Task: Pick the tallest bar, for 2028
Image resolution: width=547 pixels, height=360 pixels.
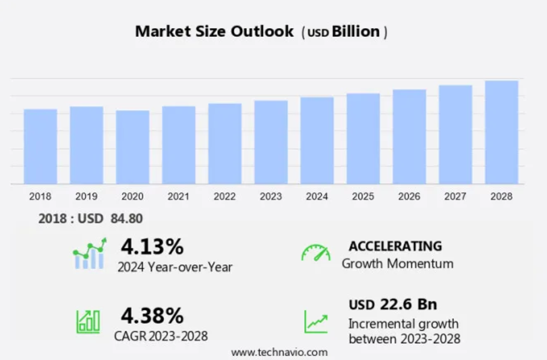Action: point(501,132)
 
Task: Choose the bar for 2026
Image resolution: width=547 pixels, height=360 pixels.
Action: point(409,137)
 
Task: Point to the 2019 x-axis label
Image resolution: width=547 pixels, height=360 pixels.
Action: point(87,197)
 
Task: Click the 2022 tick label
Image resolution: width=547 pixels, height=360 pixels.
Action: point(225,197)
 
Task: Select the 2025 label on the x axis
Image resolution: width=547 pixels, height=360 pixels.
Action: point(363,197)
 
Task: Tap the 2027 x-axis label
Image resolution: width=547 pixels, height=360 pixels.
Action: point(456,197)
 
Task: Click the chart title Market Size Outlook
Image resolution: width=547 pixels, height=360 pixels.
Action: point(214,31)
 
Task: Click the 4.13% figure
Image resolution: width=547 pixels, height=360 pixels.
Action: point(152,247)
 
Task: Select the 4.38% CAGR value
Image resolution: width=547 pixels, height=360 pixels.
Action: point(152,315)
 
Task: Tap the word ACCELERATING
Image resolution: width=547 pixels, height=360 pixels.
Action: point(395,246)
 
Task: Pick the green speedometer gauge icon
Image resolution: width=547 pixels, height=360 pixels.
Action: point(316,253)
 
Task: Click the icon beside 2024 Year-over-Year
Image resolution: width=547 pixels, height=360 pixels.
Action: point(89,253)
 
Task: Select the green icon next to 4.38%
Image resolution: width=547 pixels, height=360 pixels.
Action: point(88,321)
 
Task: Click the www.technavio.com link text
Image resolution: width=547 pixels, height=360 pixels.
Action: point(279,352)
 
